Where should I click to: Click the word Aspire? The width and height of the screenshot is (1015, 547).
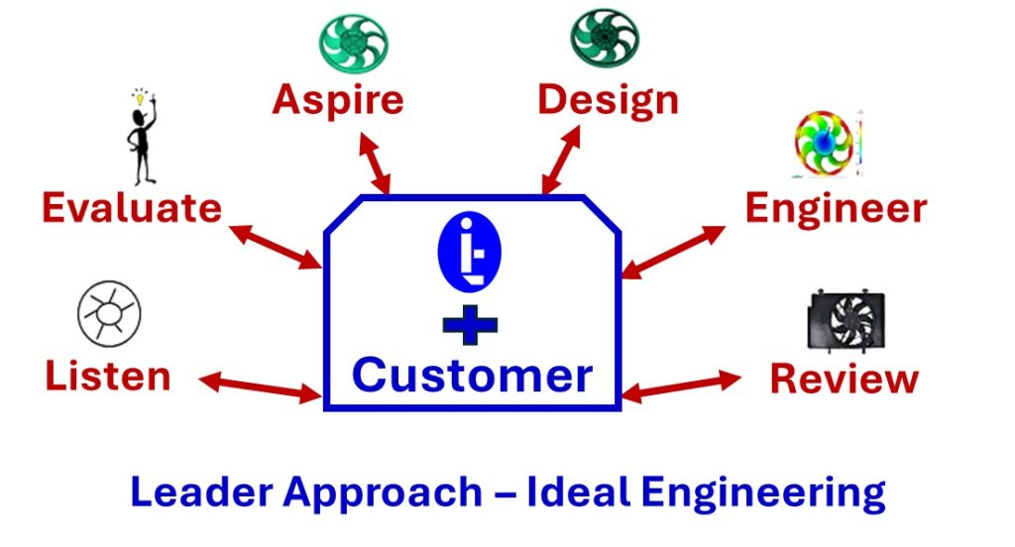coord(338,100)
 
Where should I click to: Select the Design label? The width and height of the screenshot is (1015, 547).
coord(608,100)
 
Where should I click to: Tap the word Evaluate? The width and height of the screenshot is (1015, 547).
coord(131,208)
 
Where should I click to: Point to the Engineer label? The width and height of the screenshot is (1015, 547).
coord(836,208)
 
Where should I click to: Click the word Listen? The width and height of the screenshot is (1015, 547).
coord(108,377)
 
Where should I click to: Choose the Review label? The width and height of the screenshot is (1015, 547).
coord(845,379)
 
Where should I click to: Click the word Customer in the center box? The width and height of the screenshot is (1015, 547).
coord(473,375)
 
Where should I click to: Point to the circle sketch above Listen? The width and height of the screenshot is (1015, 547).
coord(109,312)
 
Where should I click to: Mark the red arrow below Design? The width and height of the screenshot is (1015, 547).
coord(561,159)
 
